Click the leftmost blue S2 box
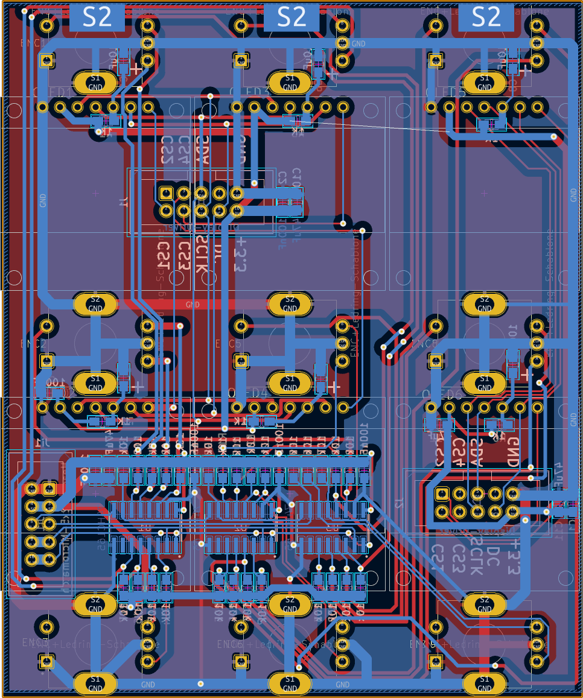[97, 17]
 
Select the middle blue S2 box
[292, 17]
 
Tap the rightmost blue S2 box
[486, 17]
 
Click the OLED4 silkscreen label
[247, 393]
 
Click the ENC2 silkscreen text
[33, 344]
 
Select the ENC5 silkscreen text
[228, 344]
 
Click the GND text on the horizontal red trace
[192, 305]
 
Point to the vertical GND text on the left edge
[43, 200]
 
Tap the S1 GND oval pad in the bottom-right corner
[485, 684]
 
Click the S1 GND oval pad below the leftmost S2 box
[95, 82]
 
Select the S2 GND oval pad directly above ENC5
[290, 303]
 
